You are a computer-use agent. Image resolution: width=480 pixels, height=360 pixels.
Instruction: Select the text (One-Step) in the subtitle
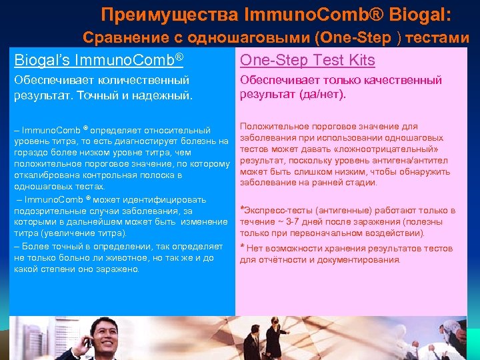358,38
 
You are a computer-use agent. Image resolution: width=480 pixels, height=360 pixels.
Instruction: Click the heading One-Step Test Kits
307,60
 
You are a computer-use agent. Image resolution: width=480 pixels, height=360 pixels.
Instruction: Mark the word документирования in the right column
359,260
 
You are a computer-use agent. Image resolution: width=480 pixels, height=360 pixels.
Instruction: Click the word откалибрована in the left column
44,175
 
